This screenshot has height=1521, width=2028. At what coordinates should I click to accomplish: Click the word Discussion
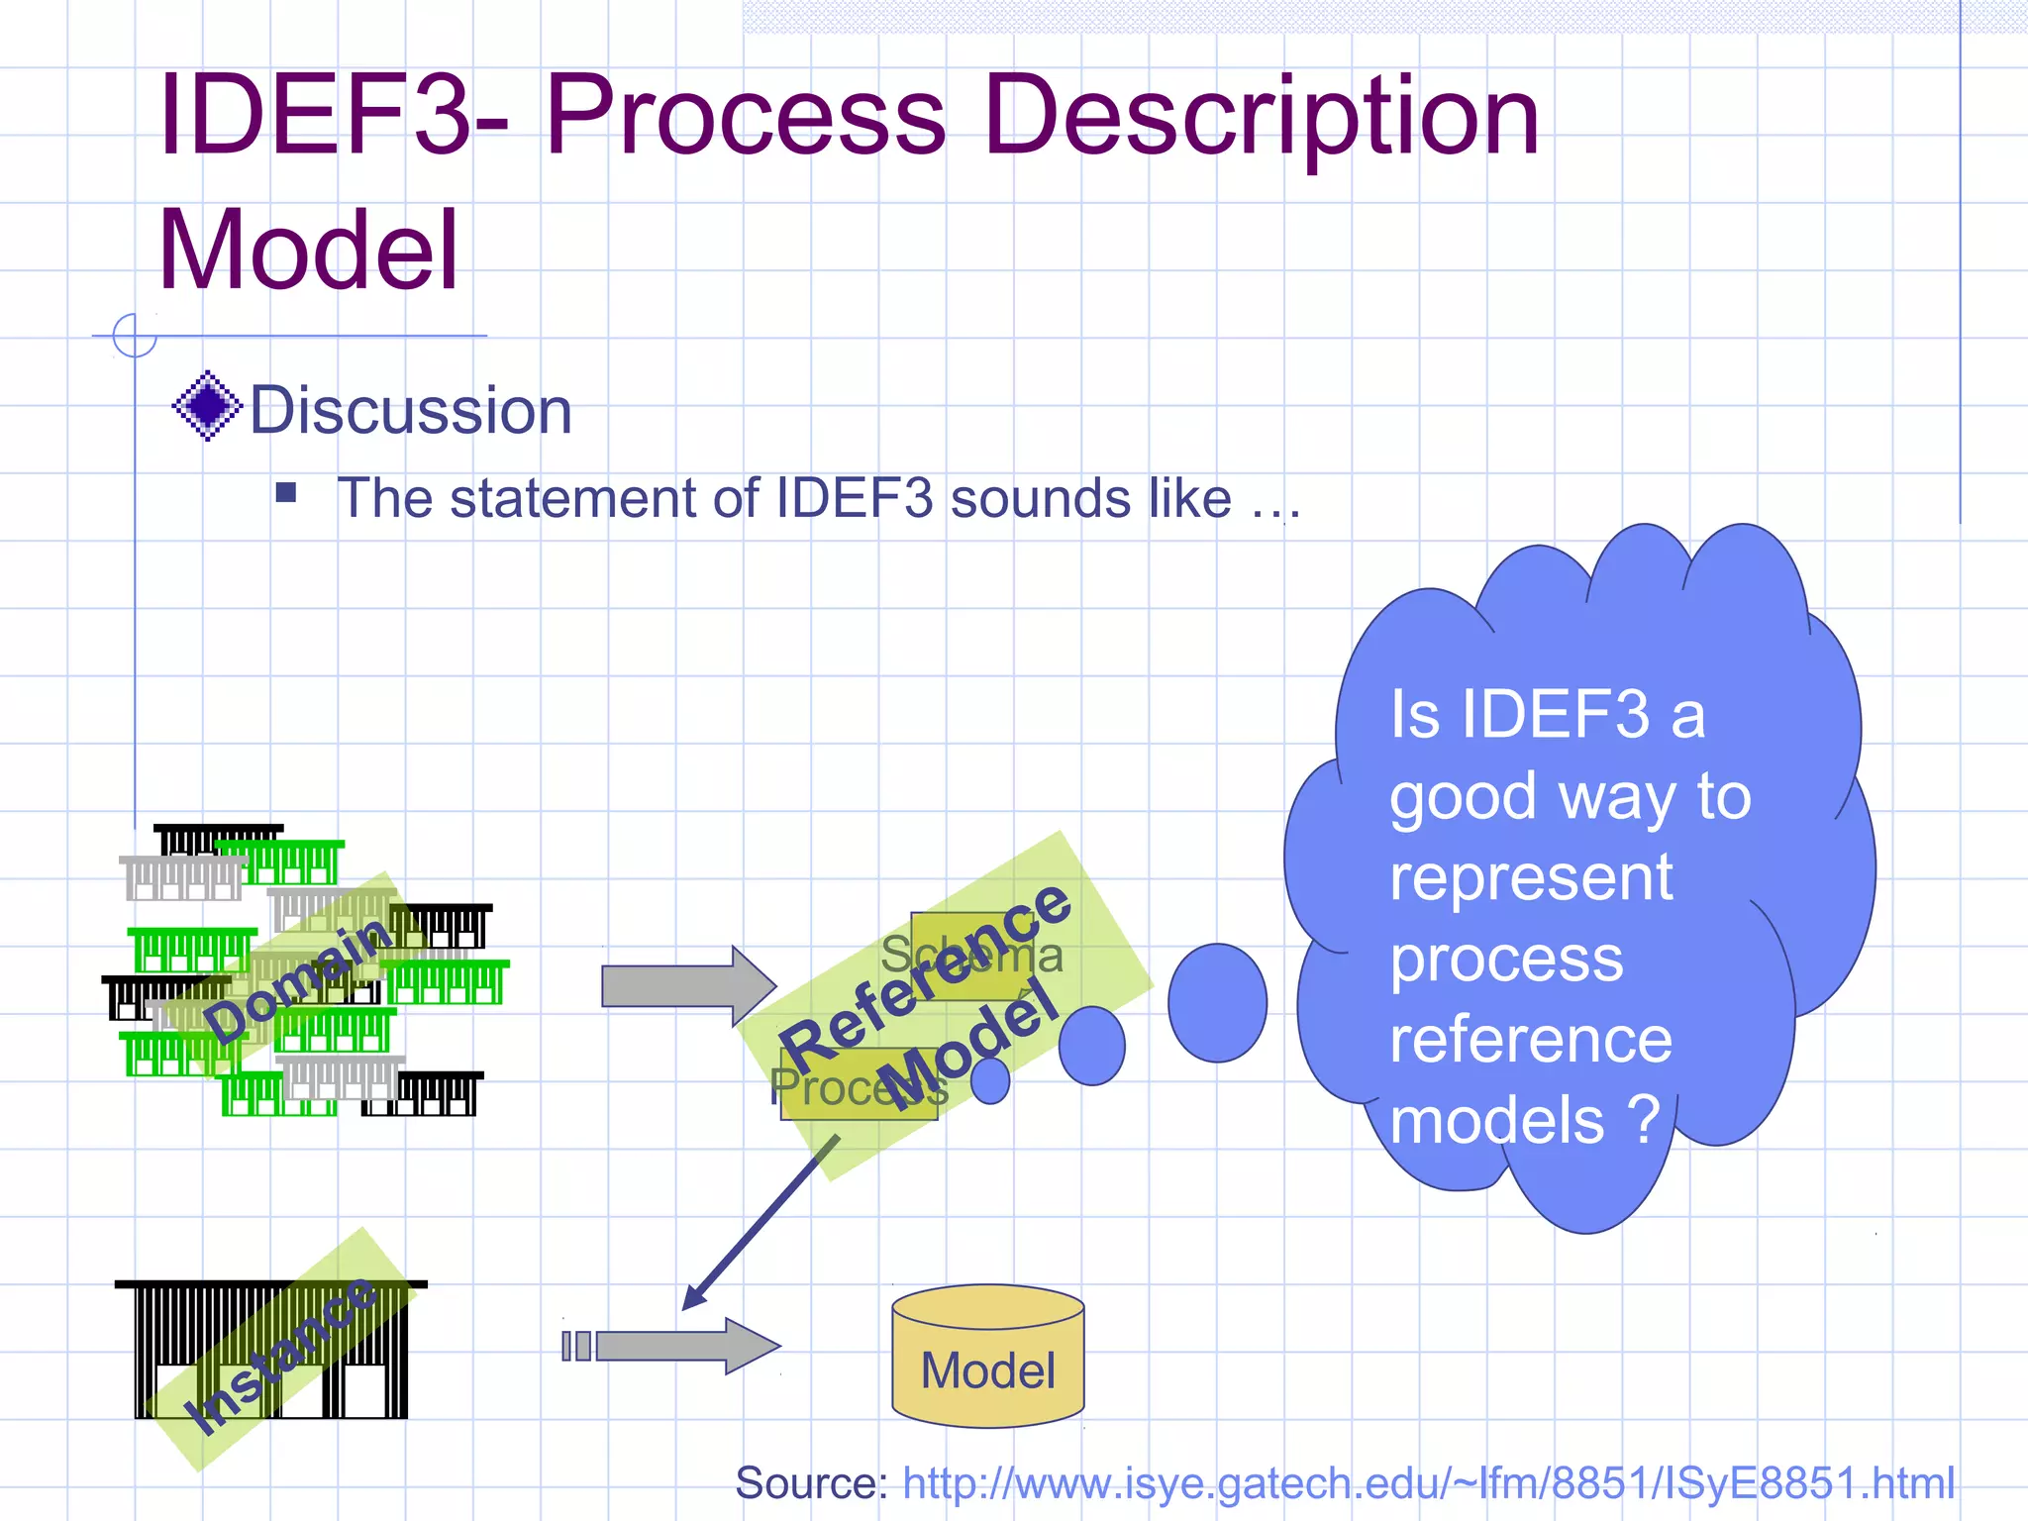click(x=410, y=410)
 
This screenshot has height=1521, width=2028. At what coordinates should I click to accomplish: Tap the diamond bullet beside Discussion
click(x=207, y=406)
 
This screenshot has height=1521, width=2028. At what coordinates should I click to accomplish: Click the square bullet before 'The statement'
click(x=286, y=492)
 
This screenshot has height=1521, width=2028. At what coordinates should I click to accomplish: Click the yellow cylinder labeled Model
click(x=987, y=1357)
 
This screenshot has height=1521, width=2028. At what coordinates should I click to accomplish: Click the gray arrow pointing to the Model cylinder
click(x=683, y=1346)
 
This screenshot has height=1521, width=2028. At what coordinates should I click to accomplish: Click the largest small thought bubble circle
click(x=1217, y=1002)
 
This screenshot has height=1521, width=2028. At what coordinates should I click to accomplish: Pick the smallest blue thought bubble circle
click(x=989, y=1080)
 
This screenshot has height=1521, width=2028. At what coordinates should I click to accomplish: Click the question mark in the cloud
click(x=1644, y=1119)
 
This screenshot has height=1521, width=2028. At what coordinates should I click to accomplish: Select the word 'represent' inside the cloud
click(x=1531, y=877)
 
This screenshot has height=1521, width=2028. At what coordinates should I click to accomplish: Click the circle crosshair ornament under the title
click(x=135, y=335)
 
